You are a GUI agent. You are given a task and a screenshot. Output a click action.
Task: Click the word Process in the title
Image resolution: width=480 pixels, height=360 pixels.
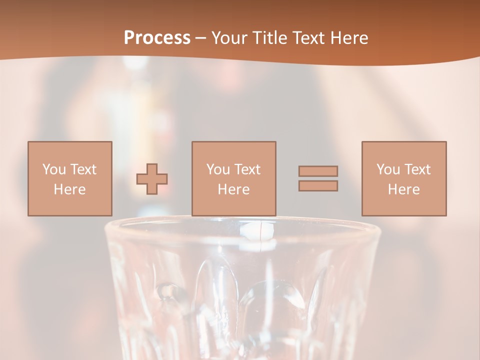(x=157, y=38)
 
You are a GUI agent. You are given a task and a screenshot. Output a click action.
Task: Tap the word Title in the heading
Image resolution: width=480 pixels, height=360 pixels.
(x=270, y=38)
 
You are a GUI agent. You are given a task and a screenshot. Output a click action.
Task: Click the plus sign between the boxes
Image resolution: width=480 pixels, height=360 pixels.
(x=152, y=179)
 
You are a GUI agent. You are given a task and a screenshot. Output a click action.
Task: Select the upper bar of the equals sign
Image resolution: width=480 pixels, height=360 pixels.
(x=318, y=171)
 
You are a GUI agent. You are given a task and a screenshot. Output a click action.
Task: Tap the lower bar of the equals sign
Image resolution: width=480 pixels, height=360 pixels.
(x=318, y=186)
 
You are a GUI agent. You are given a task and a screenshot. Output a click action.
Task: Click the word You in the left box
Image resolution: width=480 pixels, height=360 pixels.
(x=54, y=169)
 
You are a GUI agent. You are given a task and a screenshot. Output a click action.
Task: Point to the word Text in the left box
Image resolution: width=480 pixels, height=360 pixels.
(x=83, y=169)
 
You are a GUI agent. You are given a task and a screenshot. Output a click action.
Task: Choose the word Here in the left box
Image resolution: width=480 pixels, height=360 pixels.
(x=69, y=189)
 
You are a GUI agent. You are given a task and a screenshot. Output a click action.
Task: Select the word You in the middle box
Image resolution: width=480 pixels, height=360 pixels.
(x=218, y=169)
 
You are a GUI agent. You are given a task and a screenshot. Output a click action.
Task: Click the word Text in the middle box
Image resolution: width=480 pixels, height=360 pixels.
(x=247, y=169)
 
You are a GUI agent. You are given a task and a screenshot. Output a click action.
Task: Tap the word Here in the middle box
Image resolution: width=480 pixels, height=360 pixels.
(x=233, y=189)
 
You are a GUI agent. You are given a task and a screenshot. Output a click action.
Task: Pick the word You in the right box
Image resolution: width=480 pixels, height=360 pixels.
(x=388, y=169)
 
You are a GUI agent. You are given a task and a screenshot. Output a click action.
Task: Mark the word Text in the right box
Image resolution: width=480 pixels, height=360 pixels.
(x=417, y=169)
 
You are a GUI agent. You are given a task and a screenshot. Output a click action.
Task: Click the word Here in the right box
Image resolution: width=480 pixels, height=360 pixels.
(x=403, y=189)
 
